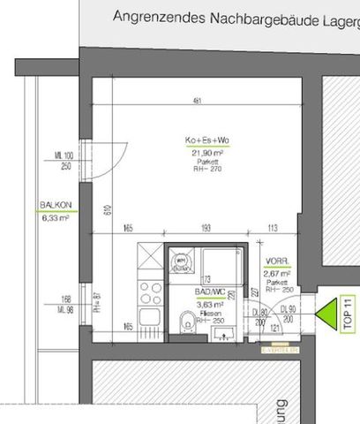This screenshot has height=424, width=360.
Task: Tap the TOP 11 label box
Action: [x=349, y=314]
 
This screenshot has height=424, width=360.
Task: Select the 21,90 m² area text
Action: [x=205, y=152]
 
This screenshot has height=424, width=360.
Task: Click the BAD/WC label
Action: [x=209, y=290]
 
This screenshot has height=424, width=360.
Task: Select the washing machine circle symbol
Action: [x=181, y=261]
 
